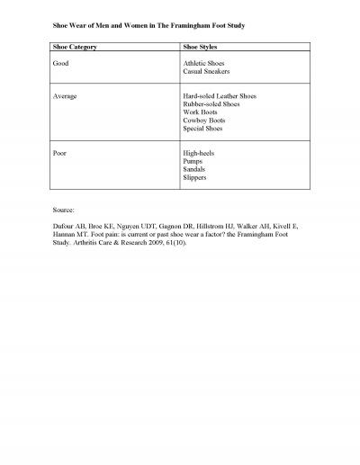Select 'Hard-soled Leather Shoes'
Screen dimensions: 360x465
(219, 94)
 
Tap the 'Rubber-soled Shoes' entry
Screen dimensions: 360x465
(211, 103)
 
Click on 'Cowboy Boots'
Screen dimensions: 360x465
(202, 120)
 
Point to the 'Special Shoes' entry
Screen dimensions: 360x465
(202, 128)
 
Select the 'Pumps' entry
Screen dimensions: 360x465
(192, 160)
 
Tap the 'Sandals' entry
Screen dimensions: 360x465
(194, 169)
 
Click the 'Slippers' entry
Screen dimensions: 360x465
(194, 177)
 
